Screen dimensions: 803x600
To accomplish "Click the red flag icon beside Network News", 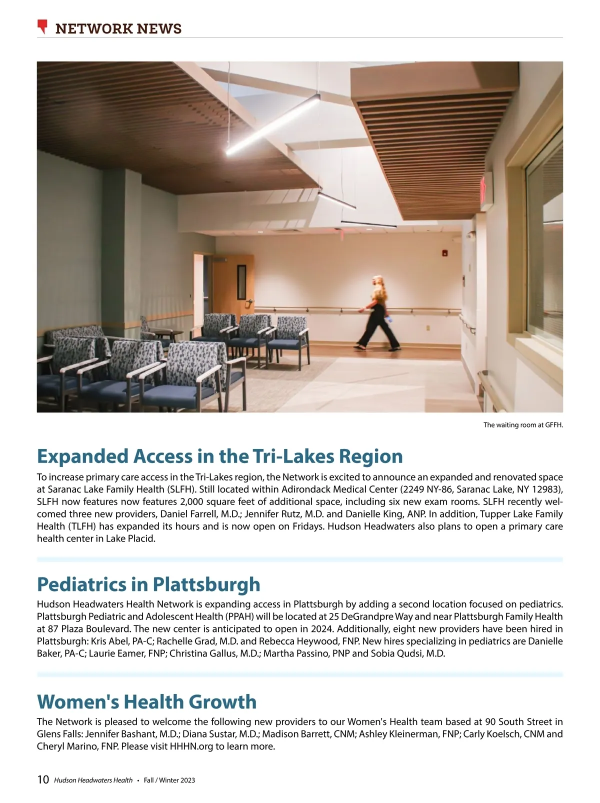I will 43,26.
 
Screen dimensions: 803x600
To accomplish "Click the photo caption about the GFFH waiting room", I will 522,425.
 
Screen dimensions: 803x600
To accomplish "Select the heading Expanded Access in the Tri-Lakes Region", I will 219,456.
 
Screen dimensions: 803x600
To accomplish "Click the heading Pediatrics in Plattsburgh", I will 148,584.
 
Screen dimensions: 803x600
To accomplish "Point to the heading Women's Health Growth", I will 146,701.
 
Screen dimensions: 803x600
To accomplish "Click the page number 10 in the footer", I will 43,779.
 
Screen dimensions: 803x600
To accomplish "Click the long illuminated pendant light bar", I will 273,124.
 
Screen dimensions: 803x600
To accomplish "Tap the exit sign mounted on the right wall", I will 483,189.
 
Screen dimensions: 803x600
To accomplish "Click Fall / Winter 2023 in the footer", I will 169,780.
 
